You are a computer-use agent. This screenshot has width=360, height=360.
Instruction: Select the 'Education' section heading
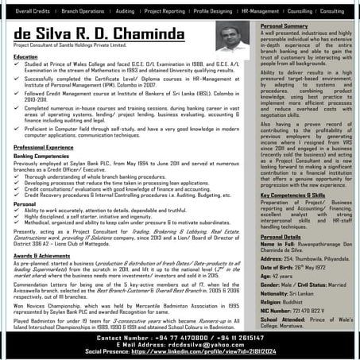(x=25, y=57)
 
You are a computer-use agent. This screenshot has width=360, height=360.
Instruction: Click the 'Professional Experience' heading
(x=44, y=148)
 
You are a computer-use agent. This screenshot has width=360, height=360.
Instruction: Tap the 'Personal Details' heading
(x=281, y=236)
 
